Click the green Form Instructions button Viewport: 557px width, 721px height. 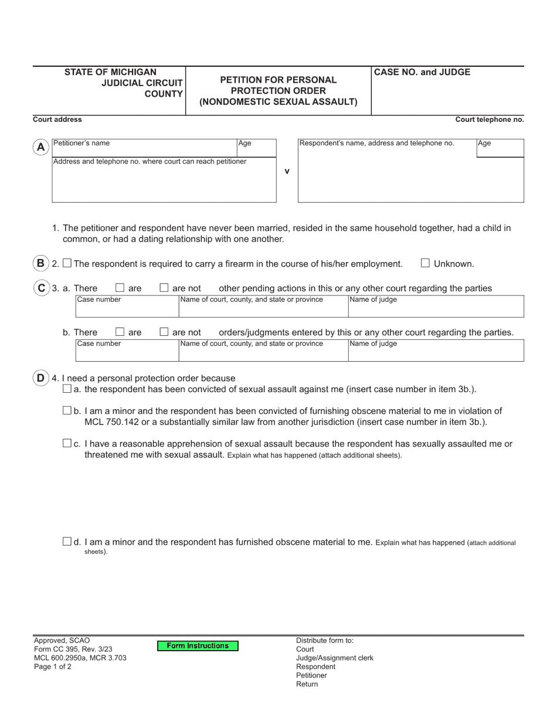coord(198,646)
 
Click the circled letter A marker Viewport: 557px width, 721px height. coord(40,148)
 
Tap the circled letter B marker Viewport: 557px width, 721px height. coord(40,263)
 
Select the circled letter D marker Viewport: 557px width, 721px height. coord(40,378)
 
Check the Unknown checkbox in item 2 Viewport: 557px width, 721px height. coord(426,264)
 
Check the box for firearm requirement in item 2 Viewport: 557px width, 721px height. coord(67,264)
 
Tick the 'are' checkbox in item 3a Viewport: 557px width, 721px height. coord(120,288)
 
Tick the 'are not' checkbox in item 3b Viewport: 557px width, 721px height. coord(164,332)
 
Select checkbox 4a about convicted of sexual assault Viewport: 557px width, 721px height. coord(67,389)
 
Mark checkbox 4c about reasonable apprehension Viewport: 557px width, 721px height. coord(67,444)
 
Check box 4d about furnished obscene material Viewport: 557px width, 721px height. coord(67,542)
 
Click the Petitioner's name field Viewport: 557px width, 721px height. coord(144,148)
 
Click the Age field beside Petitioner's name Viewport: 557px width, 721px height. coord(256,148)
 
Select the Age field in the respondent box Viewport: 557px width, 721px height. coord(500,148)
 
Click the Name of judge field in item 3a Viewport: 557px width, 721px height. coord(436,307)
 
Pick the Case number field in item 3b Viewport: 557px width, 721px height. coord(127,351)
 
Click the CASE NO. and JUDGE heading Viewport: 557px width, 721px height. coord(422,73)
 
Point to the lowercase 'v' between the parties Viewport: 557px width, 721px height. coord(287,171)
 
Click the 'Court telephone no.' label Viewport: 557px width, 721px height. coord(490,120)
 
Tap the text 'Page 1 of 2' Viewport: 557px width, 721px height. coord(53,666)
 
